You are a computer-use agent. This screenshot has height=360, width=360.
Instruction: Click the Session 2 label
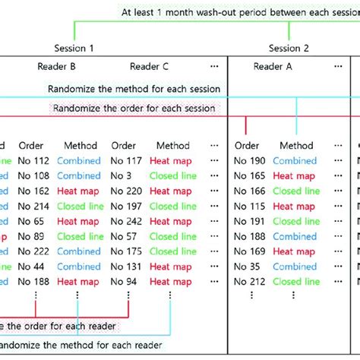click(x=289, y=48)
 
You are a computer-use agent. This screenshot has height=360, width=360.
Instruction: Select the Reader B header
click(x=56, y=67)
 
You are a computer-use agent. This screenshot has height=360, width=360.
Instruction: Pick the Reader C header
click(x=149, y=67)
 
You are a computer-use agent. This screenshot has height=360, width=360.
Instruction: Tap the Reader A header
click(x=273, y=67)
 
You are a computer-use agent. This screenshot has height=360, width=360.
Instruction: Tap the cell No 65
click(x=29, y=222)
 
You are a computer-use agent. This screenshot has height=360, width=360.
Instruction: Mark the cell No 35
click(x=247, y=267)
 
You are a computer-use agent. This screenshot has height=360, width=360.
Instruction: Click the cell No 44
click(x=29, y=267)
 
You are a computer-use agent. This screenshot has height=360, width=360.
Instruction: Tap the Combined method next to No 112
click(x=79, y=161)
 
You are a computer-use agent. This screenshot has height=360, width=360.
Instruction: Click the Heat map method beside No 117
click(x=171, y=161)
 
